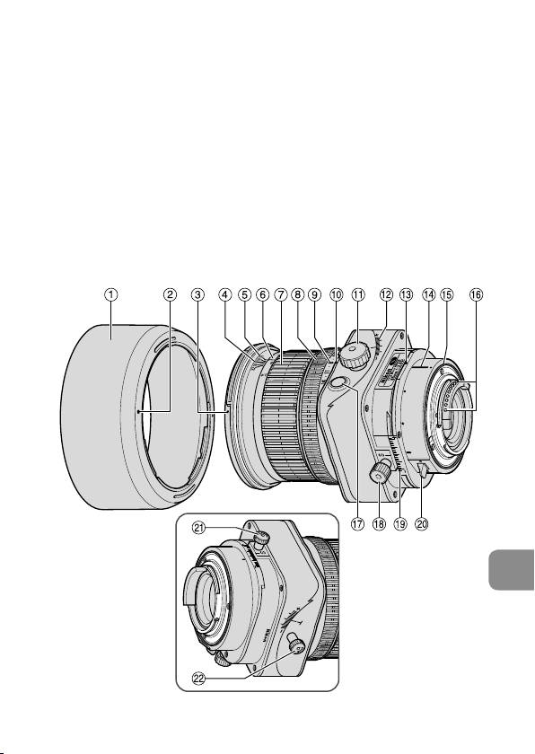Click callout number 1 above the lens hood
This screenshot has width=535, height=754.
click(x=111, y=294)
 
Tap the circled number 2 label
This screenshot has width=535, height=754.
click(x=170, y=294)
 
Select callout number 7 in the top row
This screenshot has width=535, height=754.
click(x=281, y=294)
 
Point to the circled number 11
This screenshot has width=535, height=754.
click(x=358, y=294)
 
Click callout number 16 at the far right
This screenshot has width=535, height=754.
click(x=476, y=294)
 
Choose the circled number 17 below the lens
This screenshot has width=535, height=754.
click(x=357, y=523)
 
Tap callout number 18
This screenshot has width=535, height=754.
click(x=380, y=523)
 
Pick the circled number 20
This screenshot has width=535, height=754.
click(x=422, y=523)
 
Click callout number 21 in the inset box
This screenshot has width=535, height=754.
click(x=199, y=528)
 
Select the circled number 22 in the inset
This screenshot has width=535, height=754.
click(x=199, y=678)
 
